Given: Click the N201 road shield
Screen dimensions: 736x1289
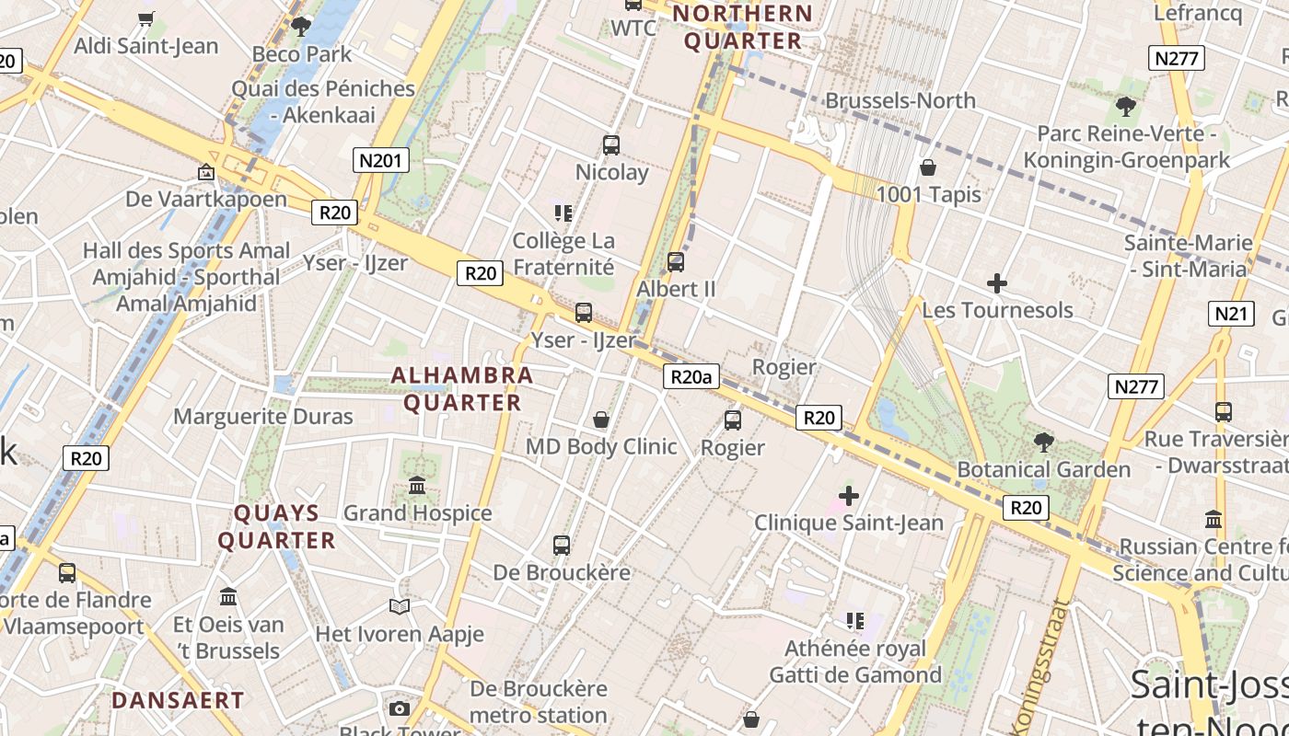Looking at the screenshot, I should pos(380,161).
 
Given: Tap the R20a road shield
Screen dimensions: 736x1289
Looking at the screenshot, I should pos(691,376).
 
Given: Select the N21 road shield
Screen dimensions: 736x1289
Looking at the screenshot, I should pos(1232,314).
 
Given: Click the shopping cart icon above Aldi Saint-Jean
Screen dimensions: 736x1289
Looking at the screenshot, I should pos(145,18).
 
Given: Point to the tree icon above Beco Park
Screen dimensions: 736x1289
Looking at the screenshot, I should pos(300,27).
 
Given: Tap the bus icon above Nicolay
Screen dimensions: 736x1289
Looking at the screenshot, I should pos(611,144).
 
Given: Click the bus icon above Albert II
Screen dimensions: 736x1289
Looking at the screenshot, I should pos(676,261).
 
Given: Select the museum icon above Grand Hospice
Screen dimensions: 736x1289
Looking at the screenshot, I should pos(417,485).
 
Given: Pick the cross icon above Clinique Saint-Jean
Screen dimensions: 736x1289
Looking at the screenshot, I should pos(849,496).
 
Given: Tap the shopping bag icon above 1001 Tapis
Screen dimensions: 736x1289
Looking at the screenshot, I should pos(928,167).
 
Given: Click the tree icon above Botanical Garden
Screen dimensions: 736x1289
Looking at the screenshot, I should pos(1043,443).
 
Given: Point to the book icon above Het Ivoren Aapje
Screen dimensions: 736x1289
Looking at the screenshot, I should pos(399,606).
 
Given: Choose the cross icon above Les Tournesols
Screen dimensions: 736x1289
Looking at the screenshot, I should pos(996,283).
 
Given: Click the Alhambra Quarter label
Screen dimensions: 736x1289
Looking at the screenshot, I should pos(462,388).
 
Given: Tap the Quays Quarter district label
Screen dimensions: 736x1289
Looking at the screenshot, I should pos(276,526).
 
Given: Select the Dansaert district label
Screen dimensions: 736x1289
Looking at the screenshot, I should pos(178,700).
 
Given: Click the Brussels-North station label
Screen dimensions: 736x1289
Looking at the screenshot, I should pos(900,100).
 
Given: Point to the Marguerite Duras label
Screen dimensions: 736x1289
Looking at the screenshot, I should pos(263,416).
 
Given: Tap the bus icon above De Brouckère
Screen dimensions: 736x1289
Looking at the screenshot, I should pos(562,546).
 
